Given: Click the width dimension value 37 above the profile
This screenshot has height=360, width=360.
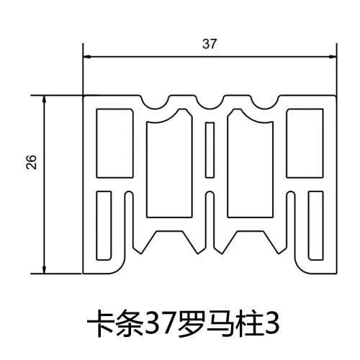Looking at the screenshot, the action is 210,44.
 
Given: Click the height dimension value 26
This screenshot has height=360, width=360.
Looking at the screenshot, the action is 32,162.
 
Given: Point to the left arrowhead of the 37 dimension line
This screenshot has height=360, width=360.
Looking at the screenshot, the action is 86,57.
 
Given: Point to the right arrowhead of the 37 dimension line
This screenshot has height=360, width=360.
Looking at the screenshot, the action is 332,57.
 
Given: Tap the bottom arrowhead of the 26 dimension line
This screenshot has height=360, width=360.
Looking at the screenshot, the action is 44,269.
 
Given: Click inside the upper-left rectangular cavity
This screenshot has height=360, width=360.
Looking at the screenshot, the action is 114,143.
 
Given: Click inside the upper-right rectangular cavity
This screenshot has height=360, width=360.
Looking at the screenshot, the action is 305,143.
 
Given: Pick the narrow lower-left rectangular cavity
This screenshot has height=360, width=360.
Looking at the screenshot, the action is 104,225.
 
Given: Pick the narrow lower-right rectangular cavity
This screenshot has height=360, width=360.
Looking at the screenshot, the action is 316,225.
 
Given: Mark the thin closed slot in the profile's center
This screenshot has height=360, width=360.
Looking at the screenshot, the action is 210,150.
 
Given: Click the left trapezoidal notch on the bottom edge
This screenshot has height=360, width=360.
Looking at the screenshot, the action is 169,242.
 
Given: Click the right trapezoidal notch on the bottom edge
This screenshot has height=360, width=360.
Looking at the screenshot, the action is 251,242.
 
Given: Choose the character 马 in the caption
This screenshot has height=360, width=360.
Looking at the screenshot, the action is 216,325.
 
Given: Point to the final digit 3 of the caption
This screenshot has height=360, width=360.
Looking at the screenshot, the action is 271,325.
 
